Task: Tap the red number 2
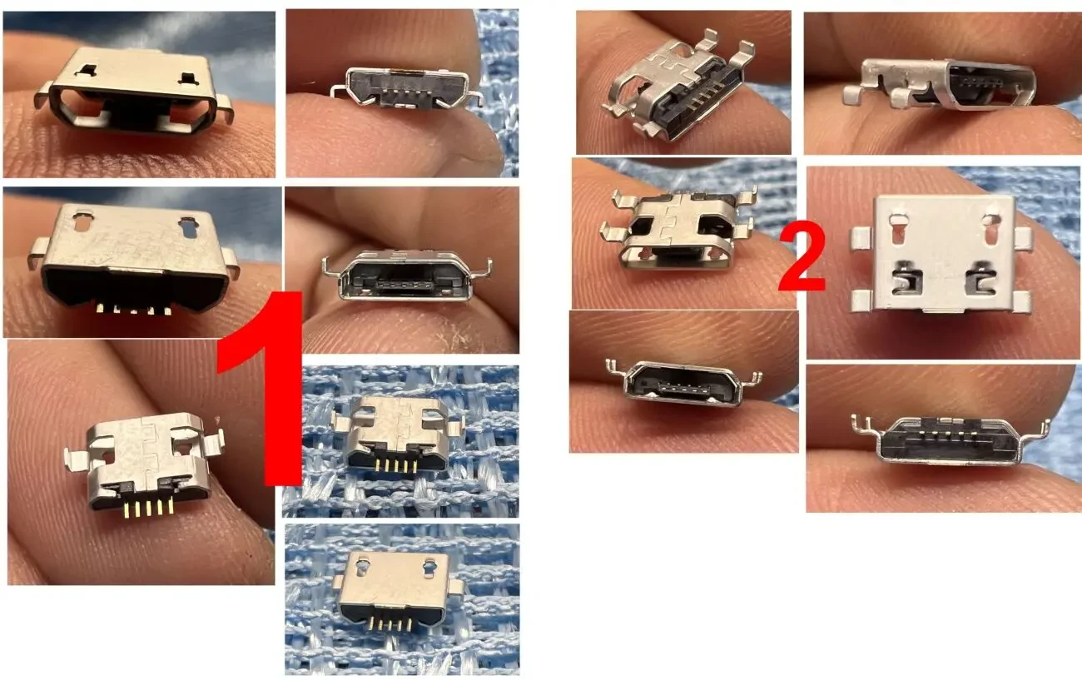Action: [x=802, y=260]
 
